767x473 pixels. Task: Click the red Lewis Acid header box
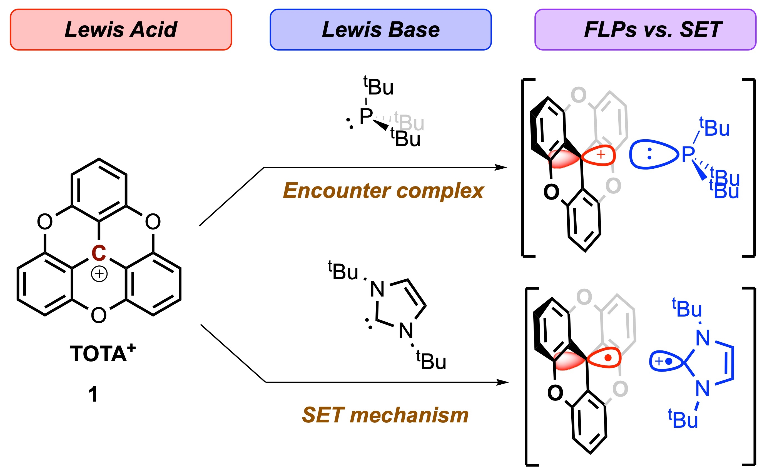coord(121,29)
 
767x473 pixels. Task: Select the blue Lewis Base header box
coord(380,29)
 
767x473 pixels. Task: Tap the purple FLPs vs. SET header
coord(645,29)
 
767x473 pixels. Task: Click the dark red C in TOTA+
coord(99,253)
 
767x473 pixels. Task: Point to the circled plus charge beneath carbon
coord(99,274)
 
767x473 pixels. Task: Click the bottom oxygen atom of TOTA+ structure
coord(99,315)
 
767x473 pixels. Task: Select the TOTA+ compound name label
coord(103,353)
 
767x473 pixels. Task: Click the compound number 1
coord(93,394)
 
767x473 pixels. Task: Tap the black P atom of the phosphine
coord(366,116)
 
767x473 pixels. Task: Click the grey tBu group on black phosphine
coord(409,121)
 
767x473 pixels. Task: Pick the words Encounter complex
coord(383,191)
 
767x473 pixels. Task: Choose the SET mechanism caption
coord(385,415)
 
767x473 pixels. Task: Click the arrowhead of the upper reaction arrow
coord(501,167)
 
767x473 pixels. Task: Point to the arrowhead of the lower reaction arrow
coord(503,382)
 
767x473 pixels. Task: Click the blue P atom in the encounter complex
coord(688,154)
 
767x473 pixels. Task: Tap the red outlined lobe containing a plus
coord(598,155)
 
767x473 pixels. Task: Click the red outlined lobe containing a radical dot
coord(604,358)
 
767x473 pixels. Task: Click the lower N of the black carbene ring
coord(406,331)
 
